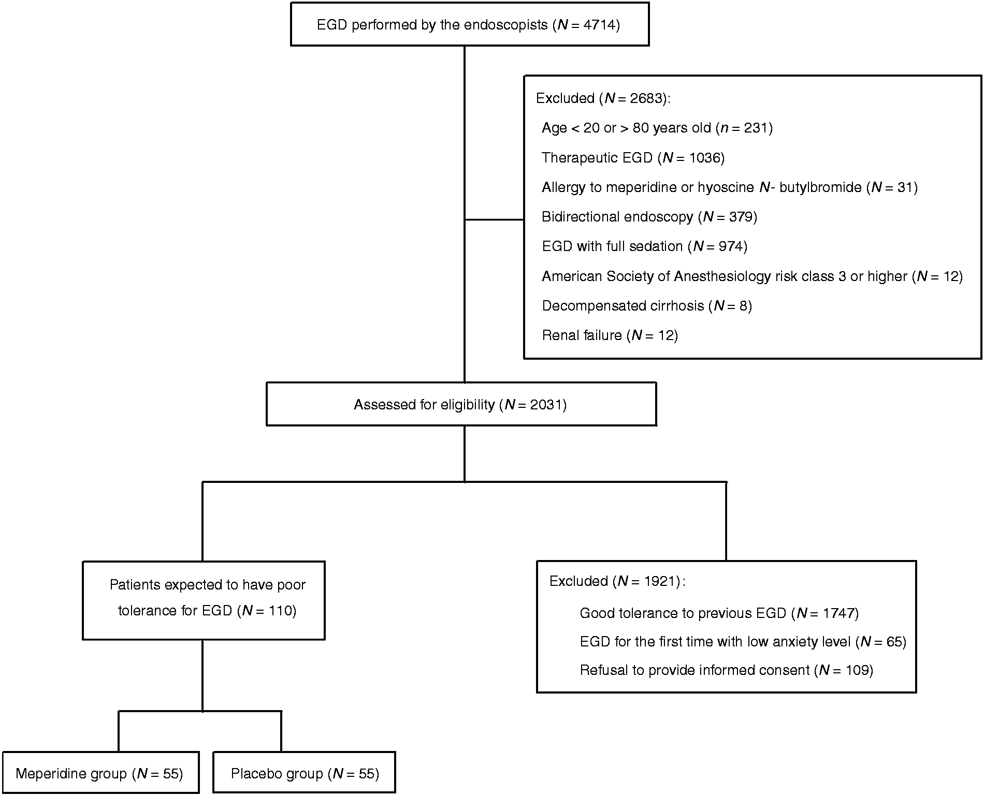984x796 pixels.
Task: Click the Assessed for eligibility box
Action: tap(461, 404)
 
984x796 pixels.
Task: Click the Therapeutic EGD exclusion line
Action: tap(633, 157)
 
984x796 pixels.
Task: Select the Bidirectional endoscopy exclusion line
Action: tap(649, 216)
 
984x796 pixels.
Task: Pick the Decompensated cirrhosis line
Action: tap(647, 306)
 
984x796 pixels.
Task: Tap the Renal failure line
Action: tap(610, 335)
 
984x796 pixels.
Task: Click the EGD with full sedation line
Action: tap(645, 246)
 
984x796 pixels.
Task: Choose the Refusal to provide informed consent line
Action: tap(727, 670)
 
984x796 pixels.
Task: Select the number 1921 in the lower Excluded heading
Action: tap(660, 581)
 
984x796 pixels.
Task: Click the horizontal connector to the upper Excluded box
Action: tap(495, 219)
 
